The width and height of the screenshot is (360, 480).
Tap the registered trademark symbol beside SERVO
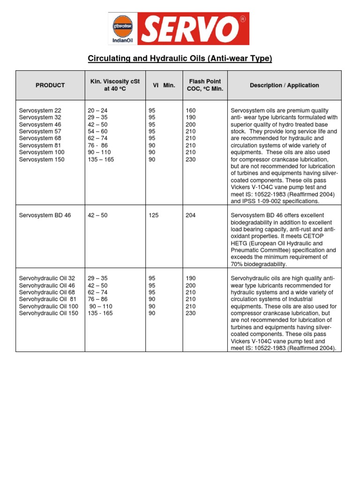point(242,19)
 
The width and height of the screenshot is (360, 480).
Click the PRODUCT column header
point(50,85)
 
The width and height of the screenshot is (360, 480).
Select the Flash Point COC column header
point(205,85)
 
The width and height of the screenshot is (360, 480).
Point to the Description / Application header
point(284,85)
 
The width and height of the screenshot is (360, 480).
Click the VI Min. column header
point(164,85)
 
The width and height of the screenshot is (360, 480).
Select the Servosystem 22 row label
point(40,111)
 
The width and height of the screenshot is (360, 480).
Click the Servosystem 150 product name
point(42,159)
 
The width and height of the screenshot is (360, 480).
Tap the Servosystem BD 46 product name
point(45,215)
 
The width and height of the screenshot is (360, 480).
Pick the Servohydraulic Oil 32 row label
point(47,278)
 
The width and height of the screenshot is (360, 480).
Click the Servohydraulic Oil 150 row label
point(48,313)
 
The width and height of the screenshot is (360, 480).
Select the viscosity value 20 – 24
point(97,111)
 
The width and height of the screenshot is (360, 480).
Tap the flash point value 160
point(191,111)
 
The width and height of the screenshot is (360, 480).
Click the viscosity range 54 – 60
point(97,132)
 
